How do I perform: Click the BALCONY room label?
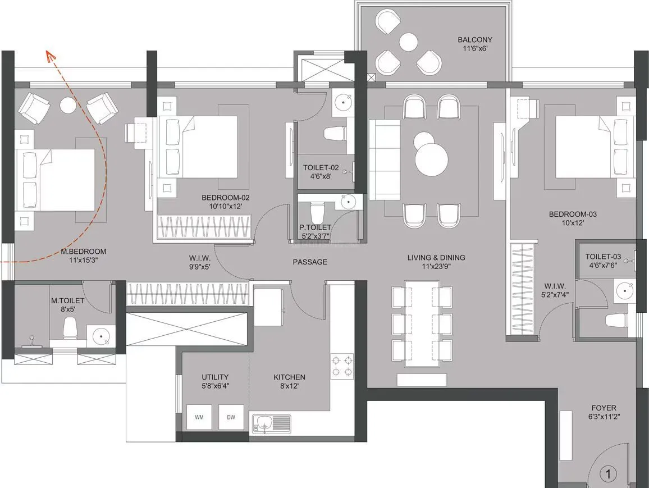click(474, 39)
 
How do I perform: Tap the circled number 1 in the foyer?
click(607, 474)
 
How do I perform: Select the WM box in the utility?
click(199, 417)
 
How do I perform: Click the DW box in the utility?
click(231, 417)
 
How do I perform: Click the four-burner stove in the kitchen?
click(341, 366)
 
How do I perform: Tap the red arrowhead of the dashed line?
click(50, 55)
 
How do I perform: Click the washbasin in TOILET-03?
click(624, 291)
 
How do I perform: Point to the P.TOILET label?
click(315, 227)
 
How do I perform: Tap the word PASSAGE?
click(310, 262)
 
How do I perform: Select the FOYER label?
click(604, 408)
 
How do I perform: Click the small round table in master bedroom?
click(68, 105)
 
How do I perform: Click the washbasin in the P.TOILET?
click(349, 200)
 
